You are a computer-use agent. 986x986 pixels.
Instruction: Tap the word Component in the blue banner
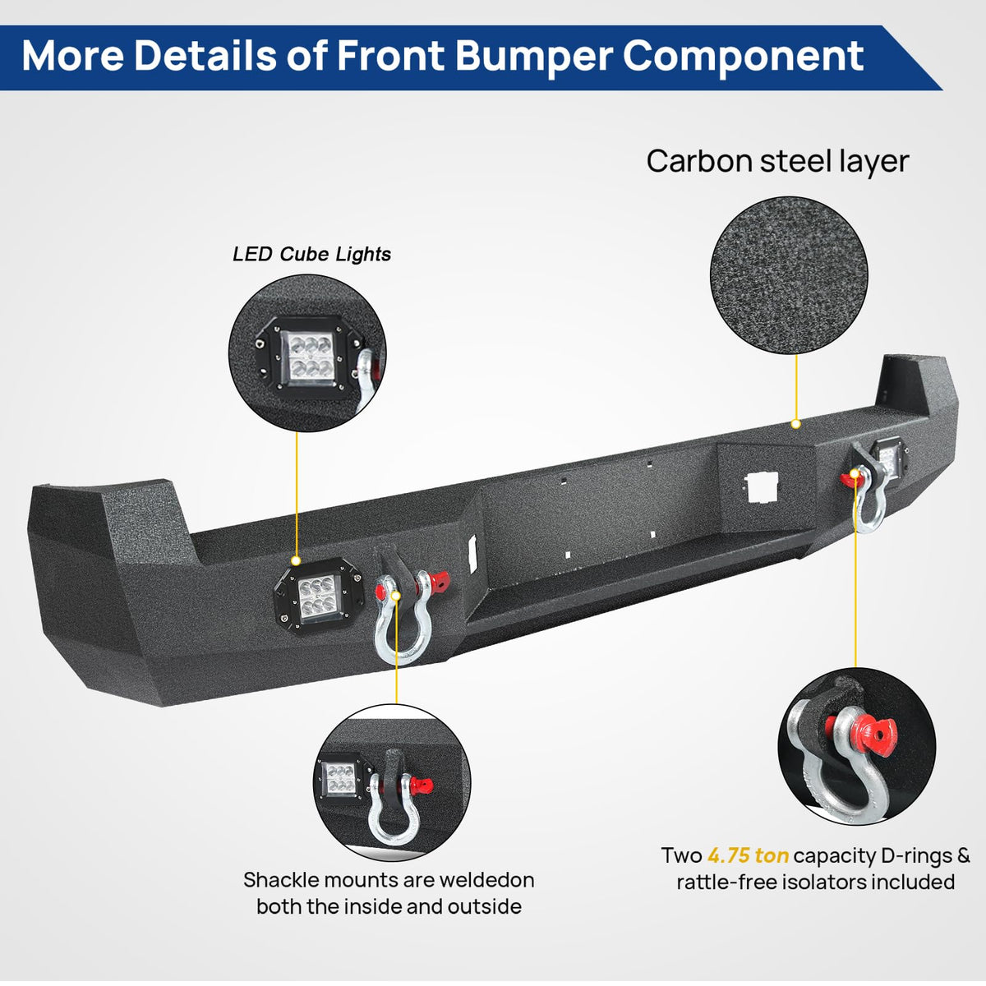click(x=743, y=56)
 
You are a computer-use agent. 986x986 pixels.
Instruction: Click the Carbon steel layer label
click(x=777, y=161)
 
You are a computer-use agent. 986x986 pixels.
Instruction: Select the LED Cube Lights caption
click(x=311, y=254)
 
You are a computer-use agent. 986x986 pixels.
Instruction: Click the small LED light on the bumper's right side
click(x=886, y=455)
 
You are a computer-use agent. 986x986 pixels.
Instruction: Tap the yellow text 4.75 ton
click(x=748, y=855)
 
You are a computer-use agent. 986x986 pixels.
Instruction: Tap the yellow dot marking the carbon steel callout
click(x=795, y=424)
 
